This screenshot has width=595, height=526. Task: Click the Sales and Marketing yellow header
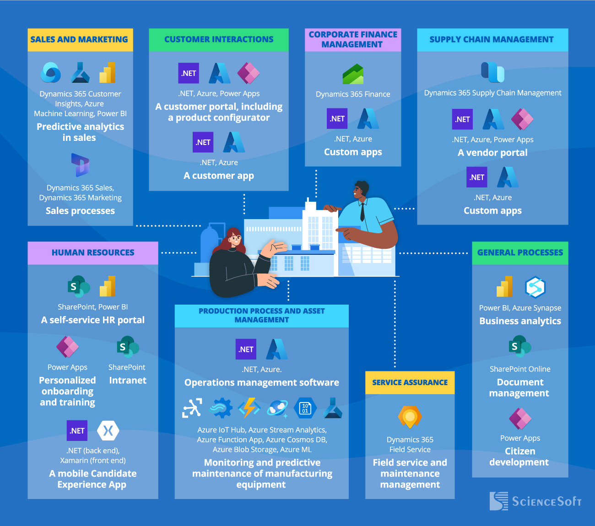80,40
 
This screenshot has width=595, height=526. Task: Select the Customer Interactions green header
219,40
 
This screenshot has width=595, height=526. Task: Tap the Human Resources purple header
93,253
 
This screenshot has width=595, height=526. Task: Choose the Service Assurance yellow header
410,383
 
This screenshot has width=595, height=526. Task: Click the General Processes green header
520,253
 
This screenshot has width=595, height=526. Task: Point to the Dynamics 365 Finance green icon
353,74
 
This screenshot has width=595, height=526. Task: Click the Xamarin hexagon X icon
108,430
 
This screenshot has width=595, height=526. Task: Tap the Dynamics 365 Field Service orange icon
410,417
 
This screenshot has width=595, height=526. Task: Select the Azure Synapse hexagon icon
535,287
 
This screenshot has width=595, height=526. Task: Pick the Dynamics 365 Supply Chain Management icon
492,72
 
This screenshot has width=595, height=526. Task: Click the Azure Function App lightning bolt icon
249,408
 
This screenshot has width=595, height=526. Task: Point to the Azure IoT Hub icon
192,408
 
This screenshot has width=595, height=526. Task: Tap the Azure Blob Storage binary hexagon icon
305,408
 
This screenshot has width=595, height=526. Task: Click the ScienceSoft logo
535,501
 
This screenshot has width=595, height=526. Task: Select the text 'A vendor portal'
492,153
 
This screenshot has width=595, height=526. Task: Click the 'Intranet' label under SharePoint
128,381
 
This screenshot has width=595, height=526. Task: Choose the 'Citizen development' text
519,457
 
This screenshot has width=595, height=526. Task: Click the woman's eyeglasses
235,238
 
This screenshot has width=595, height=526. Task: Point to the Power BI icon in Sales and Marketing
108,73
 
